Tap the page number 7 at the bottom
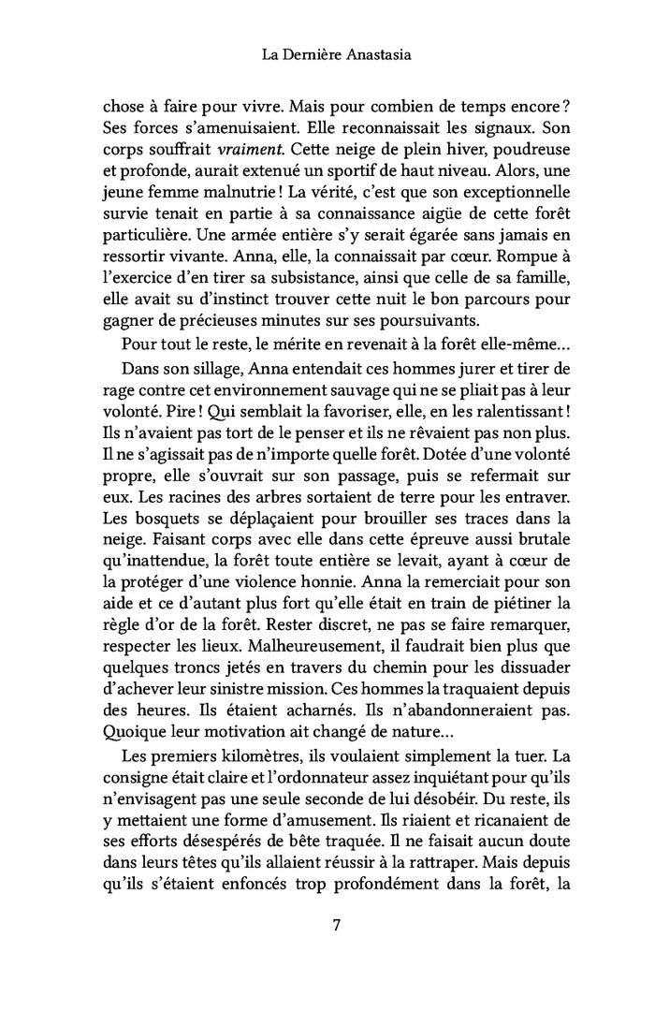pos(336,928)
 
